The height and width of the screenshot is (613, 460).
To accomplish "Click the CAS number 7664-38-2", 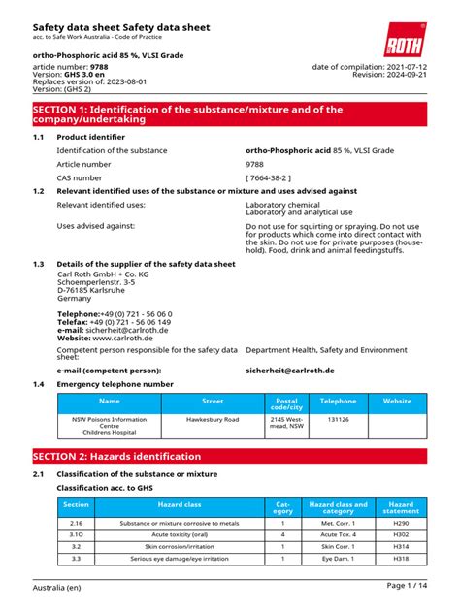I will [278, 178].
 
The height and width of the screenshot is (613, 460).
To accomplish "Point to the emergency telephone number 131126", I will [338, 421].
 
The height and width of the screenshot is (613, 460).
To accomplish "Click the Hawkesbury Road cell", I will [212, 421].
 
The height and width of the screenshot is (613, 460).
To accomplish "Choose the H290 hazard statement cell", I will [400, 523].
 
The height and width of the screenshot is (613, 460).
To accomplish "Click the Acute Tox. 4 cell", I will [338, 534].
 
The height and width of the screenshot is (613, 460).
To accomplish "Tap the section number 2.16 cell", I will [76, 523].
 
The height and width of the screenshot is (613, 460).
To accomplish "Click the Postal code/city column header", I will [286, 403].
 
